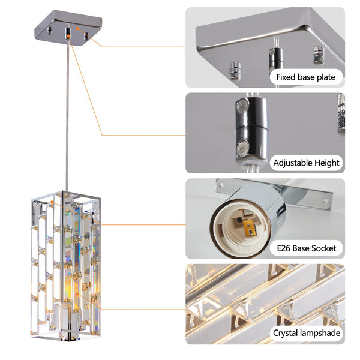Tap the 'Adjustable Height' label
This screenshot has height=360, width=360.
[306, 163]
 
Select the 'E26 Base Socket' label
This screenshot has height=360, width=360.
[306, 248]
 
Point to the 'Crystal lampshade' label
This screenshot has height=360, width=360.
[306, 333]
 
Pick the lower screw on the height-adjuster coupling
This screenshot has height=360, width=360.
[242, 146]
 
